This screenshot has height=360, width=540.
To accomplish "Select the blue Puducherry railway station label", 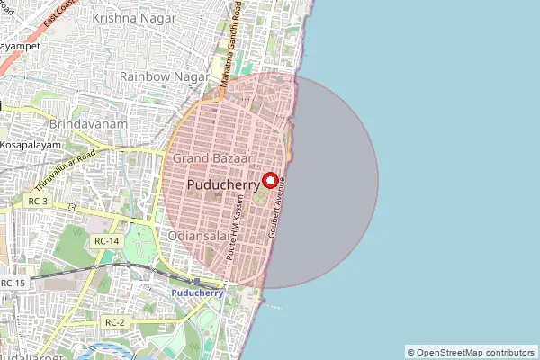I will pyautogui.click(x=196, y=293).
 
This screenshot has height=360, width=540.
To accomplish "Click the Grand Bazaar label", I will pyautogui.click(x=211, y=157).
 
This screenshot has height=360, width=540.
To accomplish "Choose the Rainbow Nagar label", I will pyautogui.click(x=157, y=77).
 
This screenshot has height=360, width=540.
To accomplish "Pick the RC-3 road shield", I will pyautogui.click(x=38, y=202).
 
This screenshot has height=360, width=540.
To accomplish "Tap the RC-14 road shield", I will pyautogui.click(x=106, y=241).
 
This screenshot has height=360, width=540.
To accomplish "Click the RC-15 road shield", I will pyautogui.click(x=13, y=283).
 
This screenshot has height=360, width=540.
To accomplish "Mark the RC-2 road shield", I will pyautogui.click(x=114, y=321).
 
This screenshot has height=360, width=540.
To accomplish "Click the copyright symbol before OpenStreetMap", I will pyautogui.click(x=411, y=352).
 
